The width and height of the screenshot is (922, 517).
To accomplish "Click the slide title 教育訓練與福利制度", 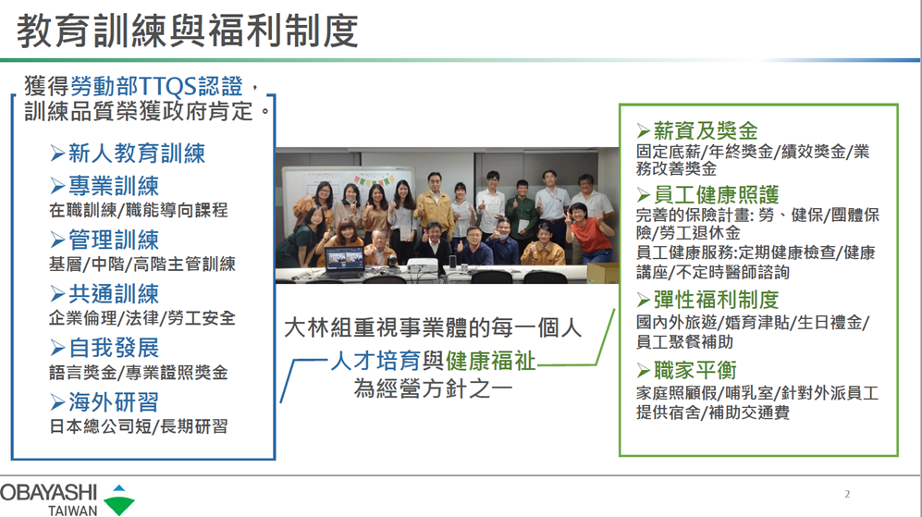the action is click(188, 31).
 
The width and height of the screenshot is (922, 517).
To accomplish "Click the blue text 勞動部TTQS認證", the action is click(156, 86).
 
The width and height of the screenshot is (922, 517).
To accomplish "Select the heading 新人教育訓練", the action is click(137, 154).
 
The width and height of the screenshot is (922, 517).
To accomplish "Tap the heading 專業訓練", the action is click(114, 186).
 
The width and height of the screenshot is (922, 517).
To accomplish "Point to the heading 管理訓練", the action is click(114, 240).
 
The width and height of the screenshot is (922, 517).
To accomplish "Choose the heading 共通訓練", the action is click(114, 294).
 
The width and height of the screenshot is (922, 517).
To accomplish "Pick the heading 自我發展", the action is click(114, 348).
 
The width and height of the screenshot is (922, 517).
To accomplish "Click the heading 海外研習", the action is click(114, 402).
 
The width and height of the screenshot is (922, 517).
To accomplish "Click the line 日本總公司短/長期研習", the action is click(138, 426).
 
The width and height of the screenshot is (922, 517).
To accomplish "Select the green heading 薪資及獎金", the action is click(706, 130).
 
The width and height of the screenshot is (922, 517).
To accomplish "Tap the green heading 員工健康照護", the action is click(716, 194).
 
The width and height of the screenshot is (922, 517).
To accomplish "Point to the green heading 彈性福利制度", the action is click(716, 300).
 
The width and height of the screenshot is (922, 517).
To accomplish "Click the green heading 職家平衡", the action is click(695, 371).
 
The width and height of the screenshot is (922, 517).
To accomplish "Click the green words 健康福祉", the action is click(491, 361).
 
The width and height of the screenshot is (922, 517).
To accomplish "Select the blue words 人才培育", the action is click(375, 361).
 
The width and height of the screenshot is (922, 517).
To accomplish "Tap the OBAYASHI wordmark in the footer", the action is click(48, 492).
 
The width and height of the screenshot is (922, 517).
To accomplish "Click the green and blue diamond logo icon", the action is click(118, 500).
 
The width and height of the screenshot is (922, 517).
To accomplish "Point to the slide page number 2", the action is click(847, 494).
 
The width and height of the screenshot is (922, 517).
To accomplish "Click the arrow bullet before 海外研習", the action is click(57, 403).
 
